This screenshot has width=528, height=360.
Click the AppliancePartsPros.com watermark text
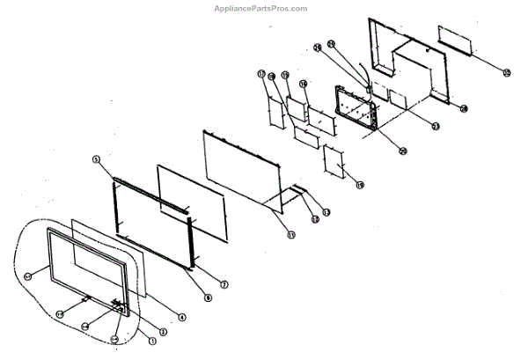pyautogui.click(x=261, y=8)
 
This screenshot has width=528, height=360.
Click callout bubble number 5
pyautogui.click(x=95, y=159)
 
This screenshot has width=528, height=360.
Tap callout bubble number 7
pyautogui.click(x=224, y=284)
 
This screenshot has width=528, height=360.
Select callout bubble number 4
pyautogui.click(x=181, y=317)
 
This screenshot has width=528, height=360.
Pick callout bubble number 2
pyautogui.click(x=136, y=329)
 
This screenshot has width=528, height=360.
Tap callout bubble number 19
pyautogui.click(x=359, y=184)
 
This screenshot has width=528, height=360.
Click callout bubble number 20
pyautogui.click(x=464, y=109)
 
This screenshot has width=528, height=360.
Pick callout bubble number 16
pyautogui.click(x=303, y=84)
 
